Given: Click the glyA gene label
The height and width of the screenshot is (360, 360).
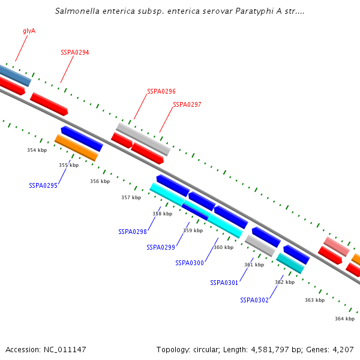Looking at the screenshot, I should pos(29,31).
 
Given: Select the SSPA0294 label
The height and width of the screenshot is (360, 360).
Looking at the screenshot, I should pos(75,53).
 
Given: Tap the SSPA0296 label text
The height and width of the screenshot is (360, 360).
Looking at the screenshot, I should pos(161,92).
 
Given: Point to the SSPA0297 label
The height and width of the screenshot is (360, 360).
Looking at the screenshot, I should pos(187,104).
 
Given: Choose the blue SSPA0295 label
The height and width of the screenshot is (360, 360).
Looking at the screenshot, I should pos(43,186).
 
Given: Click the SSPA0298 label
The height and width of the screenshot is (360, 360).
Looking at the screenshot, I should pos(133,232).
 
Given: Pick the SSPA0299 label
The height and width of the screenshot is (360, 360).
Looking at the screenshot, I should pos(161,247).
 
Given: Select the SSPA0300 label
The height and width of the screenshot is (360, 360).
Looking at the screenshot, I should pos(190,263).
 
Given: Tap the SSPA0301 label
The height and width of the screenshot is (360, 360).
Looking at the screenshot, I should pos(224,283).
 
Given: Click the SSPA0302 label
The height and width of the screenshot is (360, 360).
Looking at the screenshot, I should pos(254,300).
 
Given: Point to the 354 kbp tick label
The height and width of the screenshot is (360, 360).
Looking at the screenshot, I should pos(37,150).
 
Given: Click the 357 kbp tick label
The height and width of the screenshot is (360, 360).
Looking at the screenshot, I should pos(131,197).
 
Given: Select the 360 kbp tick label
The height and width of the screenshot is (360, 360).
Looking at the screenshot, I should pos(223,247).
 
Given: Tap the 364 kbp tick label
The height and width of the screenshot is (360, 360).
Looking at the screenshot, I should pos(344,319).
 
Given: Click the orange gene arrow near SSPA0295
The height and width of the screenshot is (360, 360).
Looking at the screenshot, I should pos(76,148).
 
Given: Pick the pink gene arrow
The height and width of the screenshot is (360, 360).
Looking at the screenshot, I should pos(337,246).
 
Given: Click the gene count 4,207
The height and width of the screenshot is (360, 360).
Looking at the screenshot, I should pos(344,349).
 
